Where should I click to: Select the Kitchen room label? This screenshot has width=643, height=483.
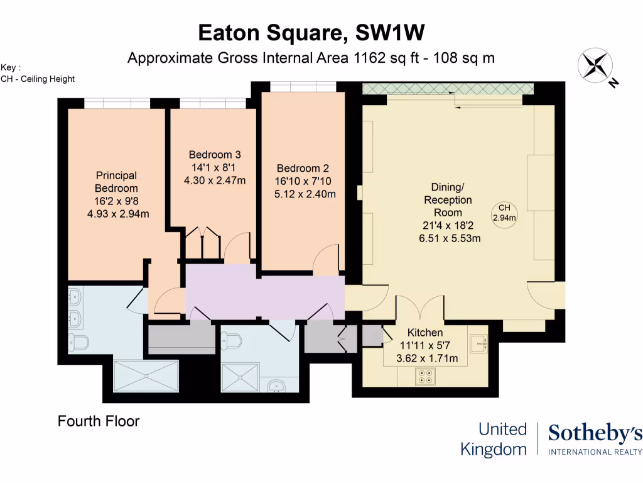click(425, 333)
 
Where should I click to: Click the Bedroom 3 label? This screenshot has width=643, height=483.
click(215, 155)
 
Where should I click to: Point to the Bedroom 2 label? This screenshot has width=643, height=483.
click(303, 169)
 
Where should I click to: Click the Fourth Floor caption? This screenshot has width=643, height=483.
click(99, 421)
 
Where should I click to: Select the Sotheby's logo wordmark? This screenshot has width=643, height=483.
click(595, 434)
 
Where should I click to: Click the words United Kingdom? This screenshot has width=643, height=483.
click(494, 439)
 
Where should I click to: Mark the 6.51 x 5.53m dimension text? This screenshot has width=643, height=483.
click(450, 238)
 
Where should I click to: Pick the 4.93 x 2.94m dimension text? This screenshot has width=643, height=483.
click(117, 213)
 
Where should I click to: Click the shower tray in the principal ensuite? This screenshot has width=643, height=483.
click(146, 377)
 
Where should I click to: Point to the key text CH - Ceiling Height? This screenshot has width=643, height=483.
click(38, 79)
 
